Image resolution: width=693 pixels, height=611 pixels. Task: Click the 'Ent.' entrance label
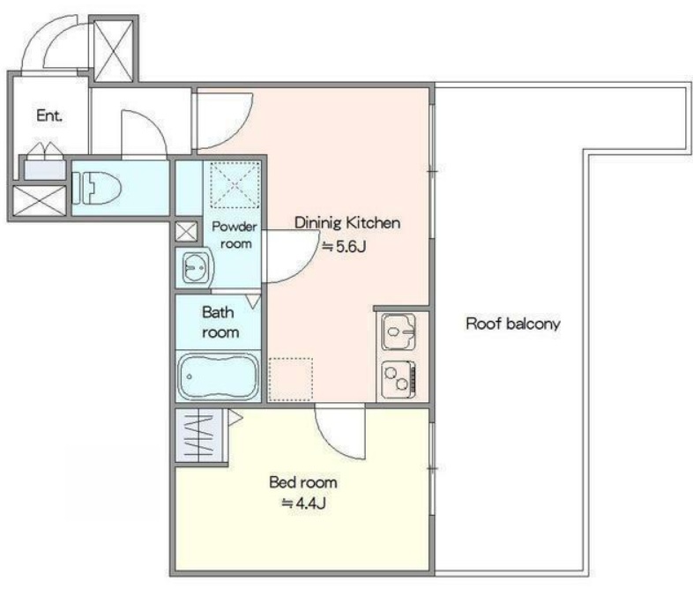[x=49, y=115]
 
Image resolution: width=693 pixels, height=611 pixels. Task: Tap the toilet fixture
[x=96, y=188]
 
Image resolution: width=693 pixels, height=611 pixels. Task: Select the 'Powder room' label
[x=235, y=235]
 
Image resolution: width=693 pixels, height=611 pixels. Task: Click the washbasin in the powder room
[x=195, y=267]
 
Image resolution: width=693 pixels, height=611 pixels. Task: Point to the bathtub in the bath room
[x=219, y=376]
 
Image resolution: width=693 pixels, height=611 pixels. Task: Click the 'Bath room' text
[x=220, y=323]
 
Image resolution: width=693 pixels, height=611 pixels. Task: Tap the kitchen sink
[x=399, y=332]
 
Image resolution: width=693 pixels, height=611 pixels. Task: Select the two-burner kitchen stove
[x=399, y=379]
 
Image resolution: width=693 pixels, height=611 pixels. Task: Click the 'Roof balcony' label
[x=512, y=324]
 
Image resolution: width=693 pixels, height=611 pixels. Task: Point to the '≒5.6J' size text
[x=343, y=246]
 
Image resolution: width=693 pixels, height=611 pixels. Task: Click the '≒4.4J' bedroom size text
[x=303, y=503]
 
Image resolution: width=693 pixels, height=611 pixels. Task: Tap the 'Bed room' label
[x=303, y=482]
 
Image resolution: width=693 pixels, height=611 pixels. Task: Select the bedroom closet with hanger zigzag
[x=200, y=436]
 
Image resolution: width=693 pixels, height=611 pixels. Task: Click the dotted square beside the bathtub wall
[x=290, y=379]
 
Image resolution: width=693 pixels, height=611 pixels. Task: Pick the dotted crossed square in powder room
[x=235, y=185]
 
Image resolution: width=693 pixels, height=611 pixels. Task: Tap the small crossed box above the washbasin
[x=187, y=231]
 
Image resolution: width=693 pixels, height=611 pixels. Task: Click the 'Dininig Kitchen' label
[x=347, y=223]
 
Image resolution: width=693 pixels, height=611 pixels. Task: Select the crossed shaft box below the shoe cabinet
[x=40, y=201]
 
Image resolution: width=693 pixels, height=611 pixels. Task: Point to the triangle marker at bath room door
[x=254, y=302]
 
